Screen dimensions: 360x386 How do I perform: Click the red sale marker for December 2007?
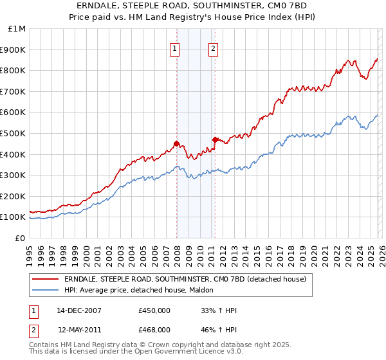(176, 143)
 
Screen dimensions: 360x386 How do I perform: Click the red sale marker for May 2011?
(215, 139)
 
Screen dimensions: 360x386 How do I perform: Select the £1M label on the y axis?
(17, 28)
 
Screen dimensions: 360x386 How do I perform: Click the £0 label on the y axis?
(21, 238)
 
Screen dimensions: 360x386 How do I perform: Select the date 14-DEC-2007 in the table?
(79, 310)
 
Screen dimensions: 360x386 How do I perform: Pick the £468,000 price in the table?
(154, 329)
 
